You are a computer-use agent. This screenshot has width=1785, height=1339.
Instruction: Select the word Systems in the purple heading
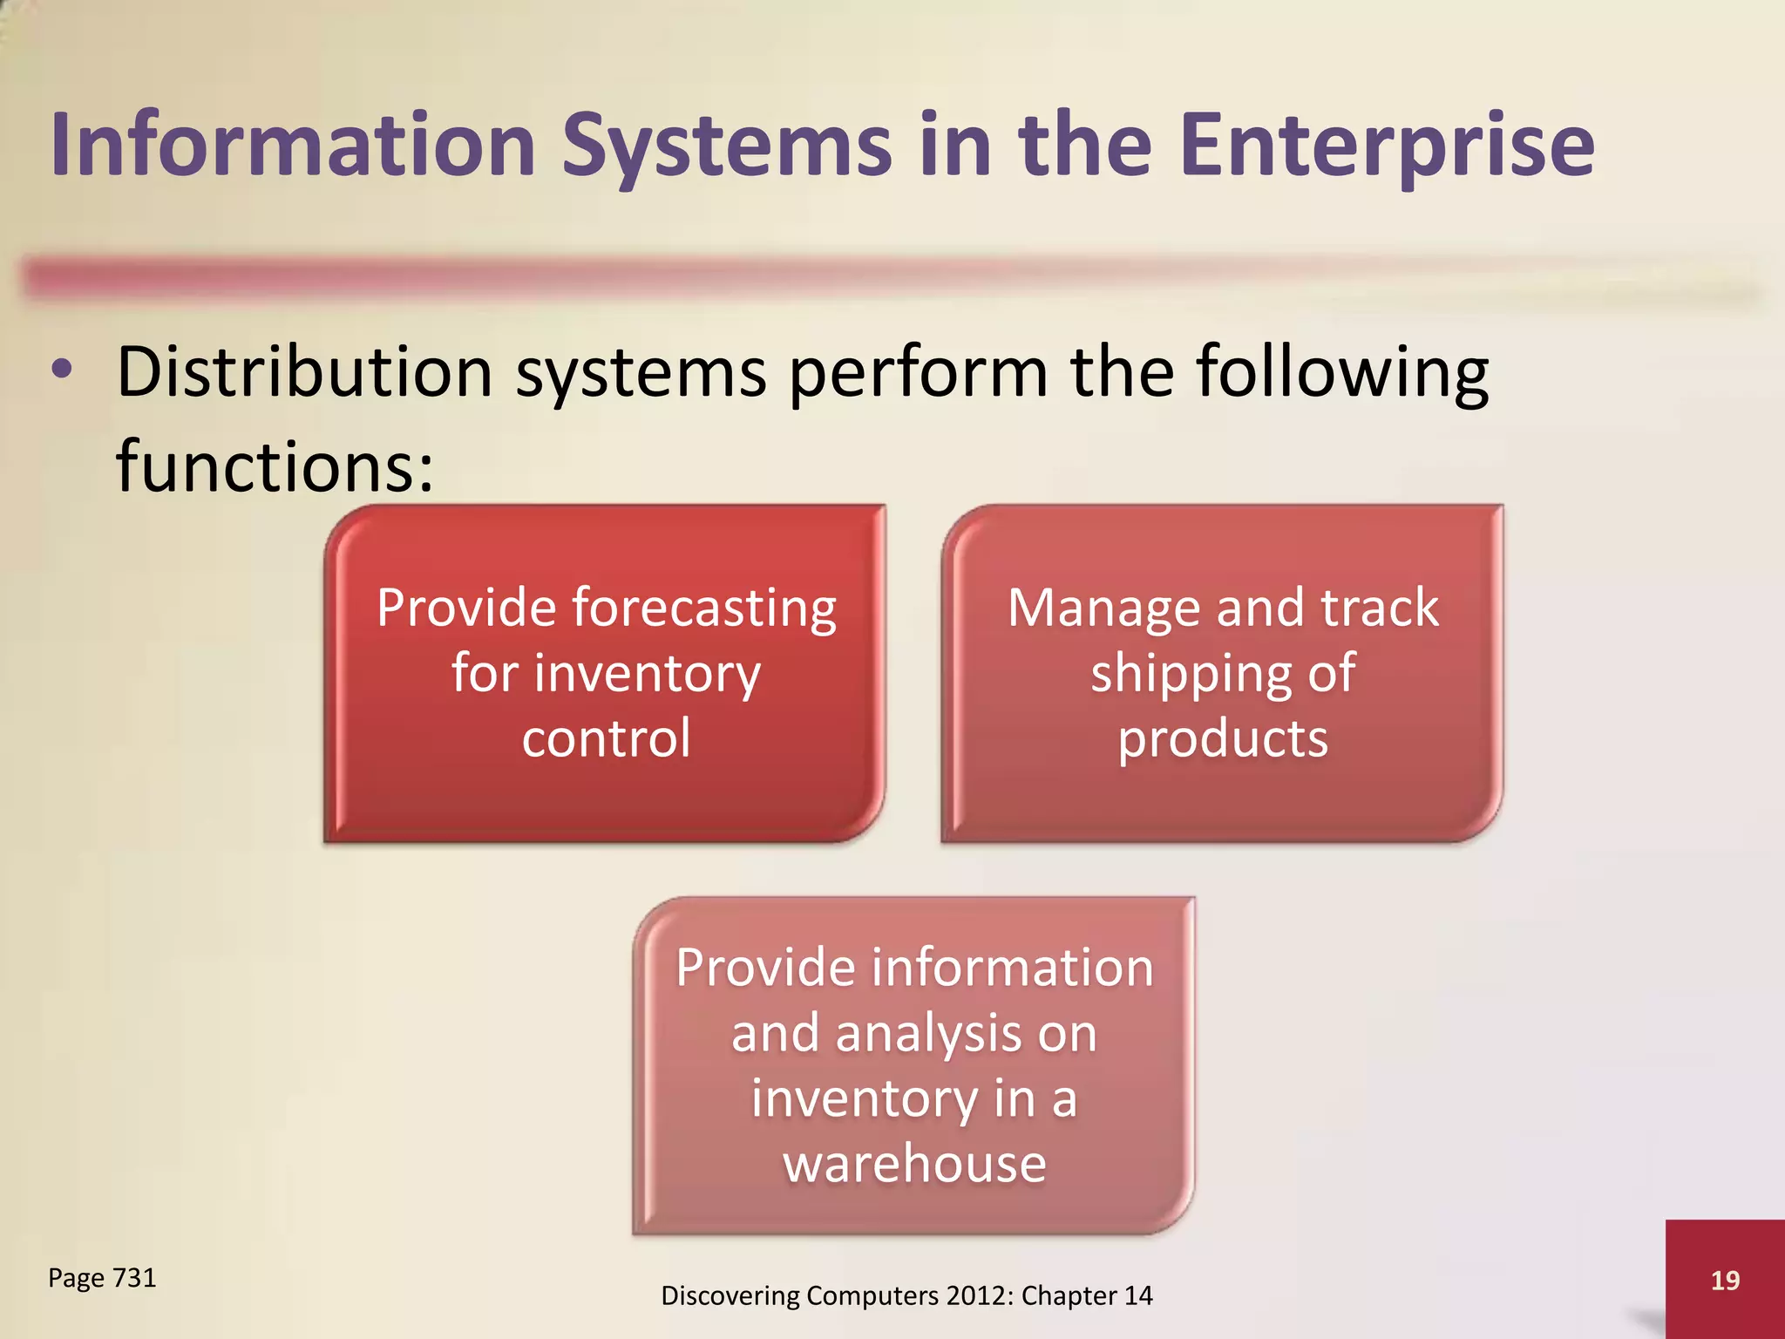(x=727, y=146)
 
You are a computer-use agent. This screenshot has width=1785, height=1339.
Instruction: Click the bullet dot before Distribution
(x=62, y=370)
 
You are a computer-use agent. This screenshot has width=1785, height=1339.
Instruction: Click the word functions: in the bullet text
(x=275, y=466)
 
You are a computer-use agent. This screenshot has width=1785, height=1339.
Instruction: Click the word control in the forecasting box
(x=607, y=738)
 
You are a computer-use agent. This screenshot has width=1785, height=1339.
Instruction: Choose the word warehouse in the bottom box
(x=914, y=1164)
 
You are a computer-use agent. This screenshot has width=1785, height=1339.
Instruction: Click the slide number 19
(x=1725, y=1280)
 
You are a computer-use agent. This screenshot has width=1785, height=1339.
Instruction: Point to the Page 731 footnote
(x=102, y=1278)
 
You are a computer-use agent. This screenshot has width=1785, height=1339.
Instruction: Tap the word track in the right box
(x=1380, y=608)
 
